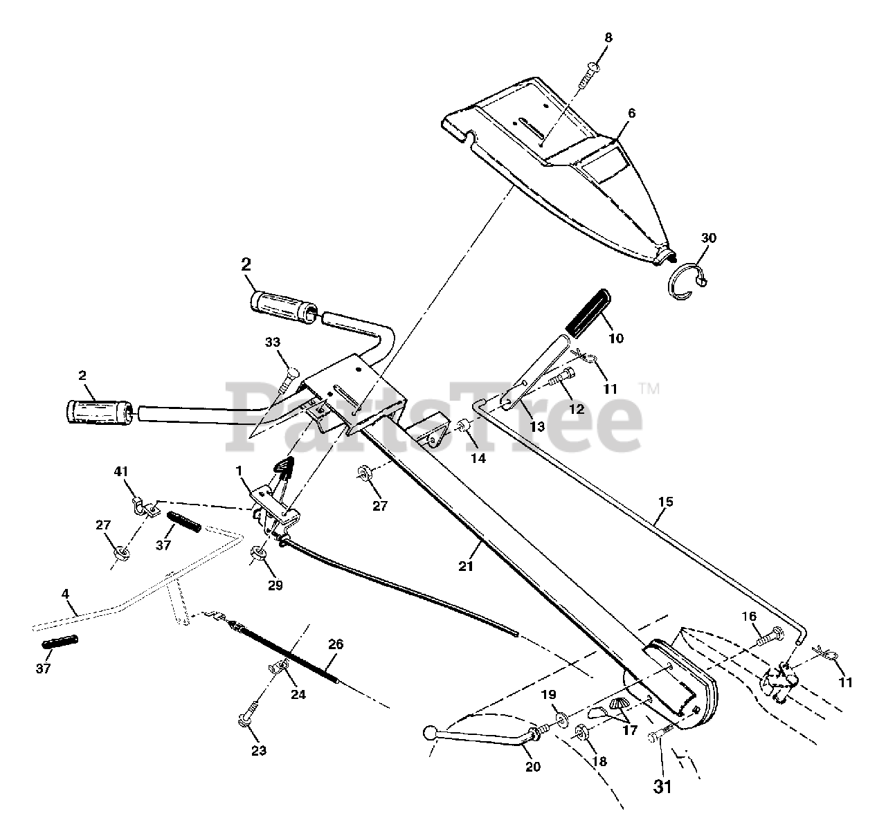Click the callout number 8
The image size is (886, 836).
[608, 38]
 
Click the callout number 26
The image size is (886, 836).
[335, 644]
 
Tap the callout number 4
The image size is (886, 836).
[65, 593]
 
